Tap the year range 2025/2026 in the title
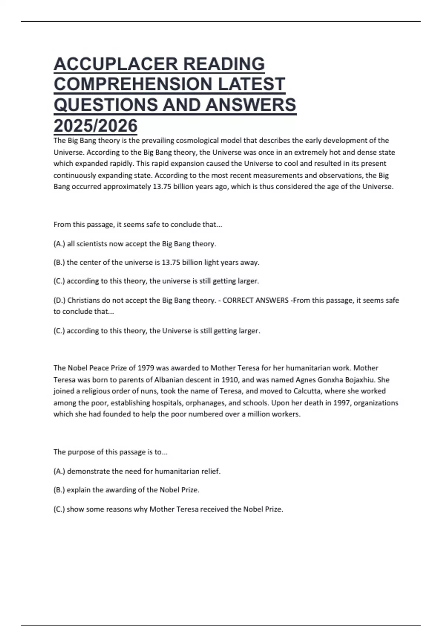(x=96, y=126)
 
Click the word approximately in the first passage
(x=127, y=187)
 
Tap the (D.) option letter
(x=59, y=300)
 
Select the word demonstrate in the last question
(x=88, y=471)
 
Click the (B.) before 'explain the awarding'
(x=59, y=490)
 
